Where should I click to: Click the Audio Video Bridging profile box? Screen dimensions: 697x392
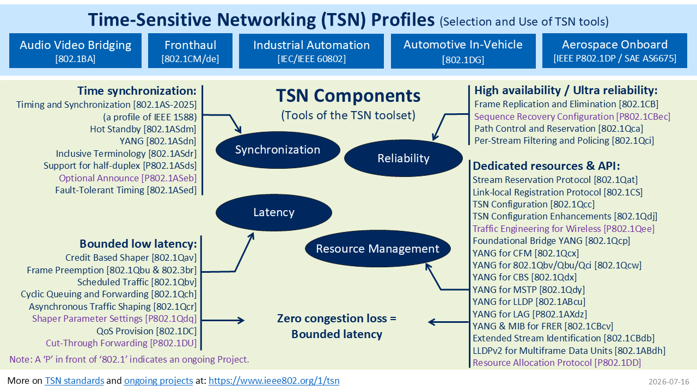point(75,51)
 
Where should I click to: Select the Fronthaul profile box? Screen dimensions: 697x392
point(190,51)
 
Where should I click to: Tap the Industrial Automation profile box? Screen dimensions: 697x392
point(311,51)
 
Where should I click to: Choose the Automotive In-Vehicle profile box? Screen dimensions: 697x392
point(463,51)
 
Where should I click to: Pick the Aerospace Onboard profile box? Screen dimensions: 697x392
point(615,51)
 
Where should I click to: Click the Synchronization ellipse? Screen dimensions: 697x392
point(278,150)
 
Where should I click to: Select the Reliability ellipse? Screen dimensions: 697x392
point(403,158)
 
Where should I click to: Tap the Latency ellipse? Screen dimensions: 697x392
point(274,212)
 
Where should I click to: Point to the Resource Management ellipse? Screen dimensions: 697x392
point(378,249)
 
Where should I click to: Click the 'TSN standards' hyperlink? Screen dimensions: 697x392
point(75,381)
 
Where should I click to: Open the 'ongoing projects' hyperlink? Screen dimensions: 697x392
point(158,381)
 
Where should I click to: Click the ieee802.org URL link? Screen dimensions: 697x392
point(274,381)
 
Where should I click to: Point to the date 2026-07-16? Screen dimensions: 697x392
point(669,382)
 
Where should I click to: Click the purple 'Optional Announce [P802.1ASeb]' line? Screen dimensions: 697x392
point(128,178)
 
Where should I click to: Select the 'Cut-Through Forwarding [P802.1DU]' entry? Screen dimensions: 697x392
point(121,343)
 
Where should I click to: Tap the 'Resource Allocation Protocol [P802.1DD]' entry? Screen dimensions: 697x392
point(557,363)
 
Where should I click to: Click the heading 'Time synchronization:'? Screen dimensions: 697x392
point(137,91)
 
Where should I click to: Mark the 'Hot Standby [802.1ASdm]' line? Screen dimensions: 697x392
point(143,129)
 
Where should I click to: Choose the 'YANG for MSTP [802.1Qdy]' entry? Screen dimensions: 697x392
point(529,290)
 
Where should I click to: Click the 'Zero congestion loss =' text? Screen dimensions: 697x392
point(337,318)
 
